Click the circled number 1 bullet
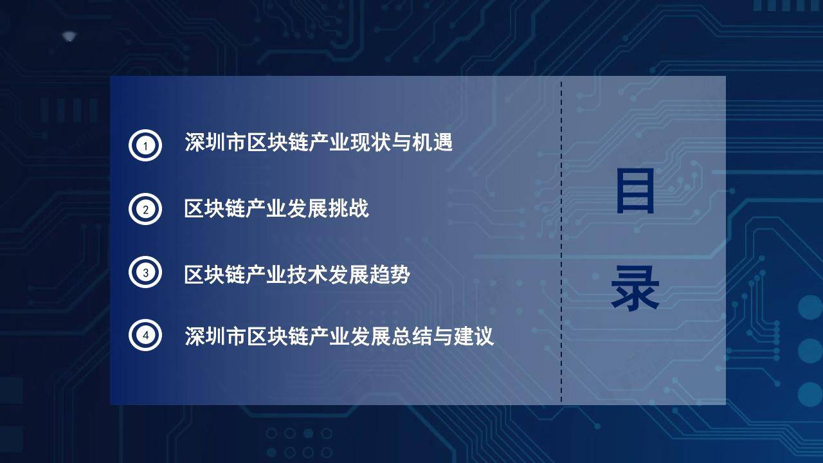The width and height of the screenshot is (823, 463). point(145,145)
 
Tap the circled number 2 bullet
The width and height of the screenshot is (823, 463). point(145,209)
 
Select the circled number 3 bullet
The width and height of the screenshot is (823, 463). point(145,272)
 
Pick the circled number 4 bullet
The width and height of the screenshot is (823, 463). point(145,335)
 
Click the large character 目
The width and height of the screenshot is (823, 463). point(635,191)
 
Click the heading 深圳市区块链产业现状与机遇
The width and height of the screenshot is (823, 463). point(318,142)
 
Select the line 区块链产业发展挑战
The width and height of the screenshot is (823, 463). point(276,208)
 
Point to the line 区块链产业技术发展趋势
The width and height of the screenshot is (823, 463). point(297,274)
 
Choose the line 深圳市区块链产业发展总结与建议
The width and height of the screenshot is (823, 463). point(339,336)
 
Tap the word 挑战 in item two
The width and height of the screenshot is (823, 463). point(348,208)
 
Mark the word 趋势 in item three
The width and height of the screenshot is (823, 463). point(390,274)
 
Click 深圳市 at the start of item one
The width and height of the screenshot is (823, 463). point(215,142)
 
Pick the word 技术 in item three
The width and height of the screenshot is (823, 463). point(307,274)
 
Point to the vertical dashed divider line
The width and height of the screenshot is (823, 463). point(561,242)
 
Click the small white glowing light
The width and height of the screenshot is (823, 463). point(69,37)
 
